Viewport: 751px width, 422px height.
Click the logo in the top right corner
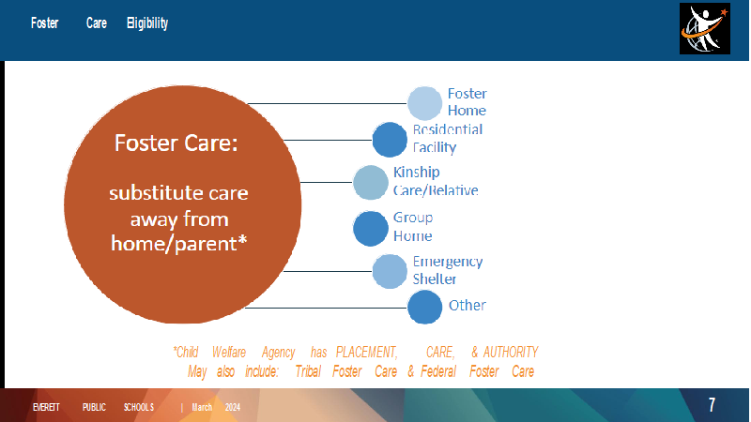[x=705, y=29]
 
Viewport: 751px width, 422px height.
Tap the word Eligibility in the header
[x=147, y=23]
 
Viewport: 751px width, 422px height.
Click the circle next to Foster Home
[x=424, y=103]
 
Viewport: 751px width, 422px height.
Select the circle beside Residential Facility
[x=390, y=140]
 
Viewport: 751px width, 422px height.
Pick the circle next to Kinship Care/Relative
[x=370, y=182]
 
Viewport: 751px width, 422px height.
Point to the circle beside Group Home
[x=370, y=229]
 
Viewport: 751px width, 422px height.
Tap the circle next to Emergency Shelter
[x=390, y=271]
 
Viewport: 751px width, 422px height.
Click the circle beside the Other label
[x=424, y=308]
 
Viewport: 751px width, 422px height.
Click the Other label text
[x=467, y=306]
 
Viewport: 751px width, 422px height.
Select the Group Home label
[x=413, y=226]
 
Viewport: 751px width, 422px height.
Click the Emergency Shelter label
[x=448, y=270]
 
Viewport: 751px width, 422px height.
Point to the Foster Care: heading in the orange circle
[x=176, y=143]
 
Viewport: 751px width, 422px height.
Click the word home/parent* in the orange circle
[x=178, y=244]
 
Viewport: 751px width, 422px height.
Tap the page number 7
[x=712, y=405]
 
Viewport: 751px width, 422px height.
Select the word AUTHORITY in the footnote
[x=511, y=353]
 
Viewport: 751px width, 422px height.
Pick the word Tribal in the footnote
[x=308, y=371]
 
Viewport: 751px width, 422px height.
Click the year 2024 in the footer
[x=233, y=407]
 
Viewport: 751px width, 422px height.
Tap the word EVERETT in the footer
[x=46, y=407]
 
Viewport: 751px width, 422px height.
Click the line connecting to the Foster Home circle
[x=327, y=103]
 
